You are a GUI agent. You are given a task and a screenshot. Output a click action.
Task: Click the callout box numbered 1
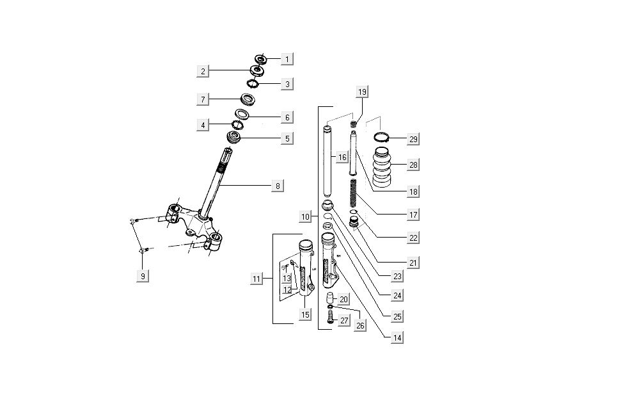pos(287,60)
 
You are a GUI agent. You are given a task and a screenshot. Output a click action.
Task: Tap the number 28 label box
pos(413,165)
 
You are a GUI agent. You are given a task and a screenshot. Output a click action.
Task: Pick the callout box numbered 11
pos(256,279)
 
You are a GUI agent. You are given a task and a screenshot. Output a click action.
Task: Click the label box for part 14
pos(397,337)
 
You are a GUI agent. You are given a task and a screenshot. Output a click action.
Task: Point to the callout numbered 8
pos(277,186)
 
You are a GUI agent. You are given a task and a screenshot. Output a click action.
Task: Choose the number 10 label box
pos(305,217)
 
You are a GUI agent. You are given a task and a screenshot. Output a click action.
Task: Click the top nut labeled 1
pos(262,58)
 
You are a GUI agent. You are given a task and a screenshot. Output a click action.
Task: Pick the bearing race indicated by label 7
pos(248,99)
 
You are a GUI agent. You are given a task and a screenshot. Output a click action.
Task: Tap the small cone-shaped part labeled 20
pos(331,298)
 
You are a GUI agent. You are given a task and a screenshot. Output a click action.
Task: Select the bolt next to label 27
pos(330,317)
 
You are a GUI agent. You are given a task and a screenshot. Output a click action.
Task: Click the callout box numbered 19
pos(362,92)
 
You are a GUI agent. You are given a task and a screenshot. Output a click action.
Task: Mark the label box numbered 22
pos(413,238)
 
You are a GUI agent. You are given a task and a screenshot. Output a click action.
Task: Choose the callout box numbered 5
pos(287,138)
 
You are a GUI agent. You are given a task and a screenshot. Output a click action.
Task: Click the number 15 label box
pos(305,314)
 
